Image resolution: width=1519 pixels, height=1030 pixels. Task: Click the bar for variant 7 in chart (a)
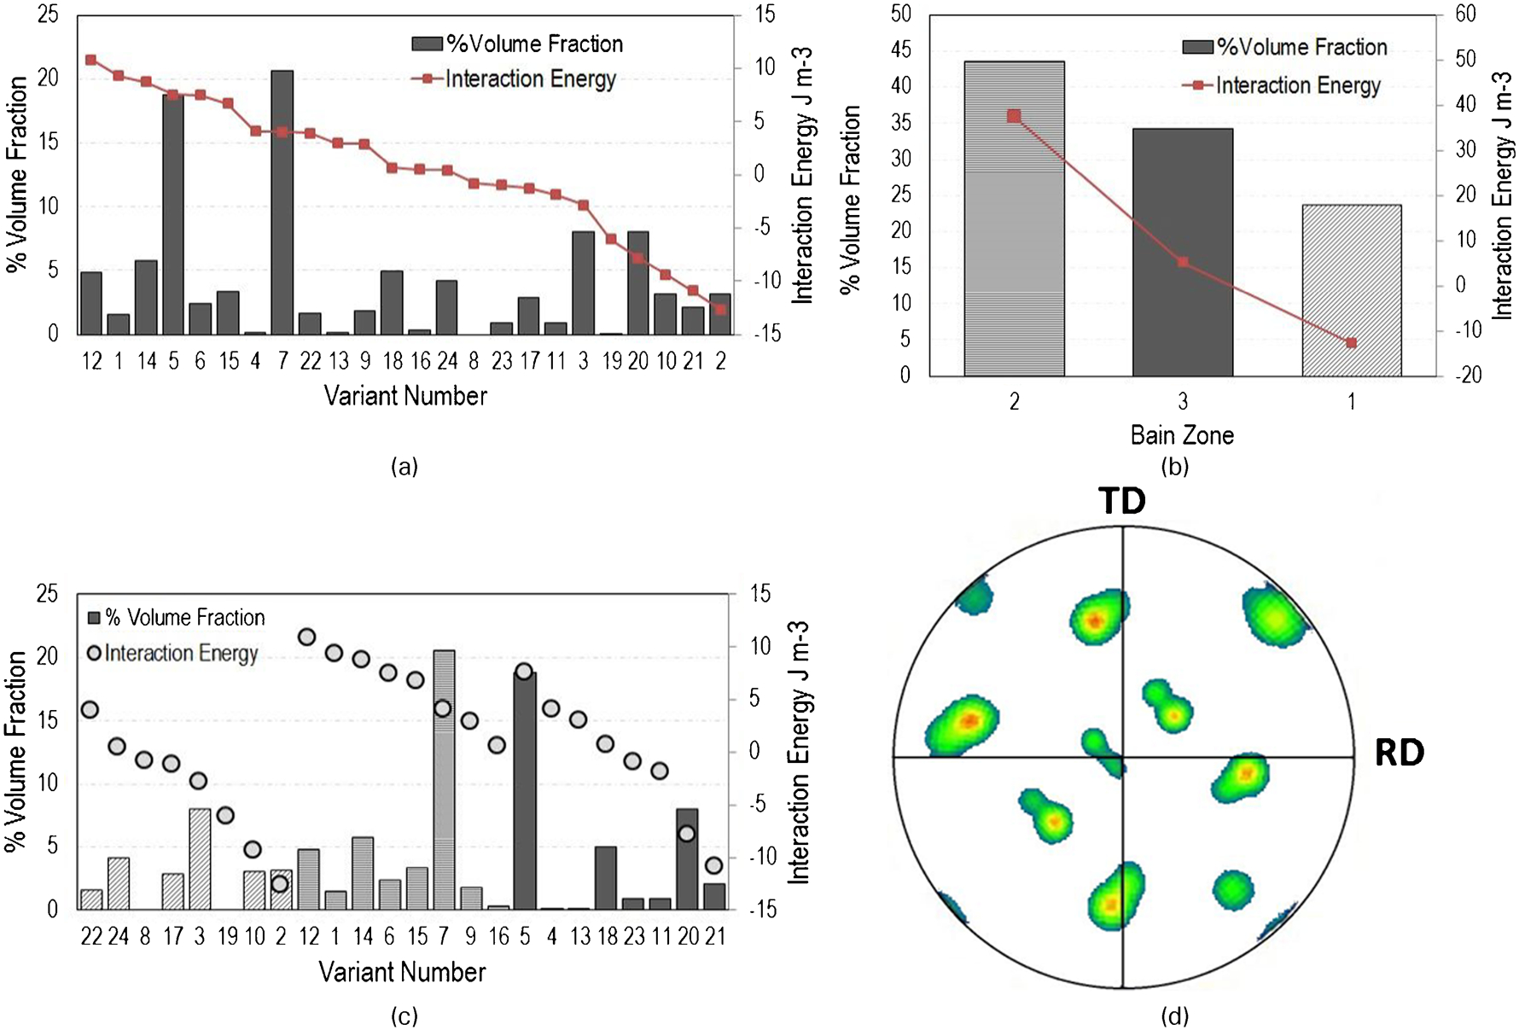click(x=282, y=202)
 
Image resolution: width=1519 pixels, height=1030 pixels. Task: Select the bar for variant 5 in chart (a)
click(x=173, y=214)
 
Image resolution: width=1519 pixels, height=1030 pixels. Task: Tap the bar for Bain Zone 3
click(x=1182, y=252)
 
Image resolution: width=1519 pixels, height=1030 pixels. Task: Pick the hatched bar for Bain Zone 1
click(x=1351, y=290)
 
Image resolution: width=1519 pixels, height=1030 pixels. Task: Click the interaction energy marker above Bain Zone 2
click(x=1014, y=116)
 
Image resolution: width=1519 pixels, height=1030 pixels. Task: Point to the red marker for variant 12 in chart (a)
click(x=91, y=60)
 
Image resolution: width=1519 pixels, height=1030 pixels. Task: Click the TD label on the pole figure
click(x=1121, y=501)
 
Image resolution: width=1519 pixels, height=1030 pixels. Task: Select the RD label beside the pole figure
click(x=1400, y=754)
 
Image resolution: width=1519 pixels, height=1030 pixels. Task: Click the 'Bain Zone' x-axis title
click(x=1182, y=435)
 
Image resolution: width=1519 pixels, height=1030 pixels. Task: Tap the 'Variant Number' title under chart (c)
click(x=402, y=972)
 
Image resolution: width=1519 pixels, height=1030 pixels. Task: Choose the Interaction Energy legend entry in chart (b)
click(x=1282, y=85)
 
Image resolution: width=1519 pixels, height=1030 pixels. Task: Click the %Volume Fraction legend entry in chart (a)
click(x=518, y=44)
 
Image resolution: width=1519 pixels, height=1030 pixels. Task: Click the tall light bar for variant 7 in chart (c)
click(x=444, y=780)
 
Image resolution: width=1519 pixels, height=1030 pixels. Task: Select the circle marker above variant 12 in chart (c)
click(x=307, y=637)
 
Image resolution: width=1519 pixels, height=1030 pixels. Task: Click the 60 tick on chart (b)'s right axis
click(x=1465, y=14)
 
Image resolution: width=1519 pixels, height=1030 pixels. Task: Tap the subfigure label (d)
click(x=1174, y=1016)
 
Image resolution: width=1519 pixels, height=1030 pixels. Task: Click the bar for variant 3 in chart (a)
click(x=583, y=283)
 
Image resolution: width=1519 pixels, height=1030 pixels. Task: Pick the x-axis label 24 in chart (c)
click(x=119, y=937)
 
